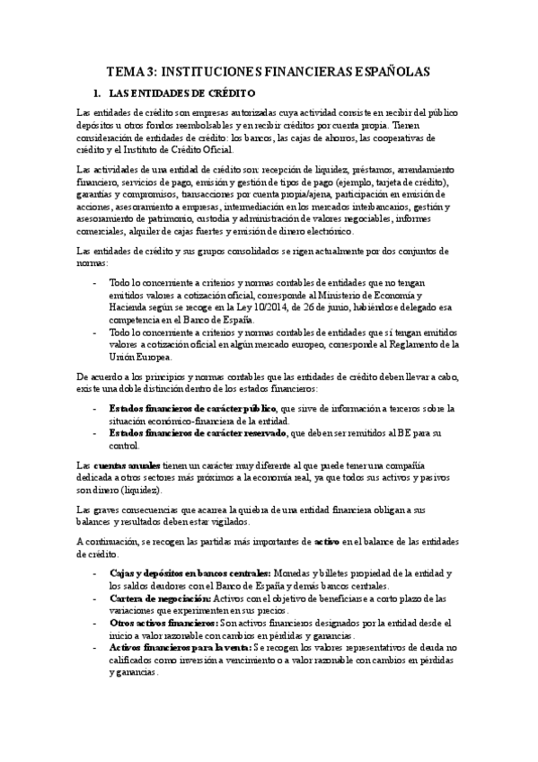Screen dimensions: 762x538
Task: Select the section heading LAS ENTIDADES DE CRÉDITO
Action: click(182, 93)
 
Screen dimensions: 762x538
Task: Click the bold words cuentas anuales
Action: click(127, 465)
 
